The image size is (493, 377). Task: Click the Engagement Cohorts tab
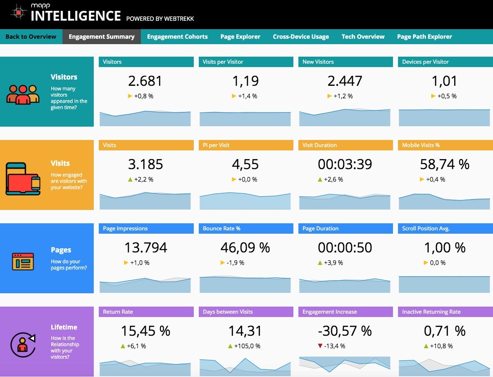[x=177, y=37]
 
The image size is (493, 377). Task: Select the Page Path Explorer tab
[x=424, y=37]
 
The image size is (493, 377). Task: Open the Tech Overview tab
[x=363, y=37]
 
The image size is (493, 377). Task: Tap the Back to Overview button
[x=31, y=37]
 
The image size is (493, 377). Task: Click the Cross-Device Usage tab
[x=301, y=37]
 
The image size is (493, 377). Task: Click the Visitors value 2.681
[x=145, y=81]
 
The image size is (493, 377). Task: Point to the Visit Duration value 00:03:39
[x=345, y=164]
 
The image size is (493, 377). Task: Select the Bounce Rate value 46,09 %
[x=245, y=247]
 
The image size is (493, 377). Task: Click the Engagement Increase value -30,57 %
[x=345, y=331]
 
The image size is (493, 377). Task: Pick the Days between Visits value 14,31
[x=245, y=331]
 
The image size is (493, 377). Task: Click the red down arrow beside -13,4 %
[x=320, y=346]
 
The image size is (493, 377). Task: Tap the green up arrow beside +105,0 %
[x=230, y=346]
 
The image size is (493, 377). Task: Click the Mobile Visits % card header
[x=445, y=145]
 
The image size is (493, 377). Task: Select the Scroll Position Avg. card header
[x=445, y=228]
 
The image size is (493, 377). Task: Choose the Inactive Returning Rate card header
[x=445, y=312]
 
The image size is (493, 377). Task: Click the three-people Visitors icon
[x=23, y=94]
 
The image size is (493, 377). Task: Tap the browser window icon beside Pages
[x=23, y=261]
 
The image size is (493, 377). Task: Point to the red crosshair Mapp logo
[x=19, y=12]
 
